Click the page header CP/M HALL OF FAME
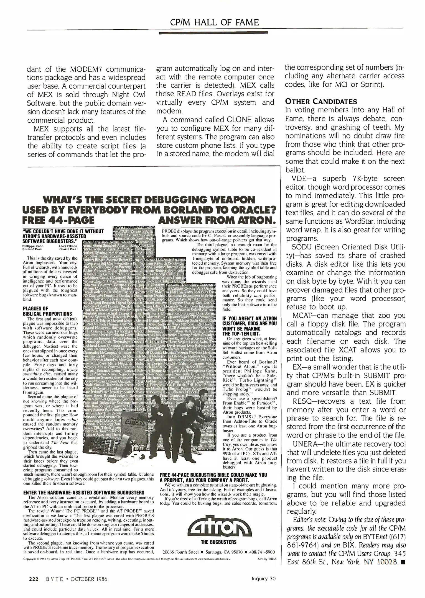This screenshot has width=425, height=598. pyautogui.click(x=214, y=22)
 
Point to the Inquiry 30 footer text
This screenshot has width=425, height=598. pyautogui.click(x=263, y=578)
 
